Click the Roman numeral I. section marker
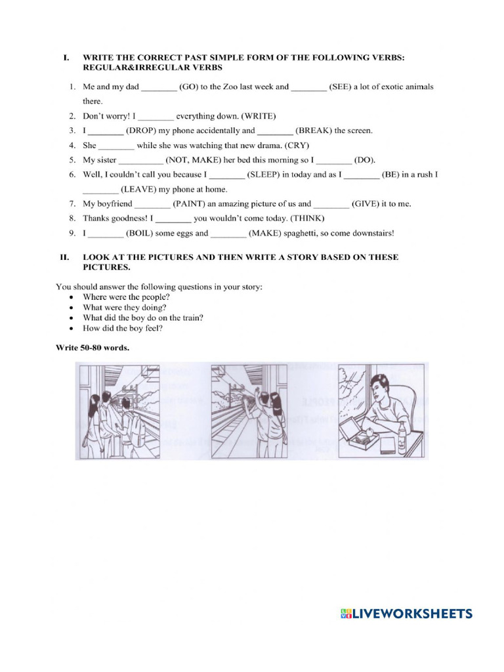click(x=66, y=58)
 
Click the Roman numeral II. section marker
click(x=65, y=257)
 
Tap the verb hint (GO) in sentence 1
click(x=190, y=87)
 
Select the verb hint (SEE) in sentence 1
click(x=341, y=87)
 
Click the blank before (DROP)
click(x=106, y=131)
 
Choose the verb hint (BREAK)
click(x=314, y=131)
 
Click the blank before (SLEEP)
click(x=228, y=175)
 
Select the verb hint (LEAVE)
click(x=140, y=190)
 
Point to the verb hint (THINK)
click(x=308, y=219)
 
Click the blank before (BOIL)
click(x=106, y=234)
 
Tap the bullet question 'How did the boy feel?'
click(x=123, y=328)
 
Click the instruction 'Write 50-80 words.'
click(x=93, y=348)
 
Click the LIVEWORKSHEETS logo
click(x=406, y=614)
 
